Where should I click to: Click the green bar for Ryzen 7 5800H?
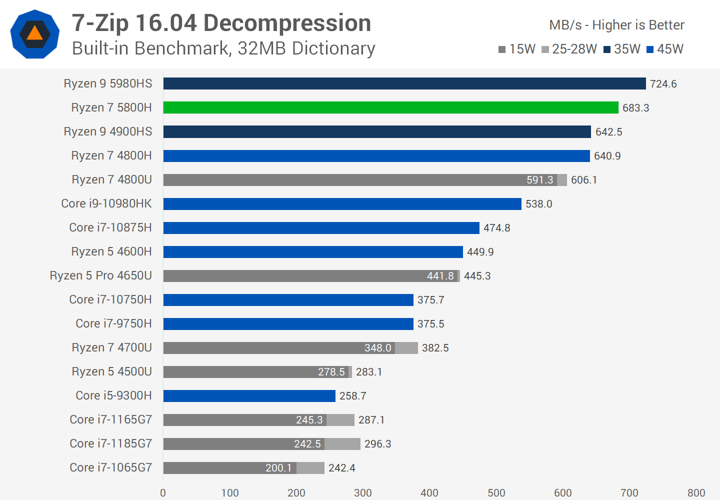pos(390,107)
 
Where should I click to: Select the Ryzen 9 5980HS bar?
pos(404,83)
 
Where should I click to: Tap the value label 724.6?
pos(663,84)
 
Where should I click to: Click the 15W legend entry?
pos(517,49)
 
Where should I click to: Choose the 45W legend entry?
pos(665,49)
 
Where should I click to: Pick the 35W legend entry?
pos(622,49)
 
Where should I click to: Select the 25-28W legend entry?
pos(569,49)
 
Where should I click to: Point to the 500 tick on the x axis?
pos(496,493)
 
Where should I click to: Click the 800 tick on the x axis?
pos(696,493)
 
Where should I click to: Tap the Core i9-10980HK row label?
pos(106,203)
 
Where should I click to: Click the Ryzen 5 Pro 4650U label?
pos(100,275)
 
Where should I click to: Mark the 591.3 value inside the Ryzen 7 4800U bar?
pos(539,180)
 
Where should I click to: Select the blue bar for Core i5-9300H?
pos(249,395)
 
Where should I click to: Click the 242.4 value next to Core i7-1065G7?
pos(341,468)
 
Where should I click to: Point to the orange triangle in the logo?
pos(34,33)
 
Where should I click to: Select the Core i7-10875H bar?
pos(321,227)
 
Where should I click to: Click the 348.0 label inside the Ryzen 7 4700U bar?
pos(377,348)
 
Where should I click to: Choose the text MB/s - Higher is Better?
pos(616,25)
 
